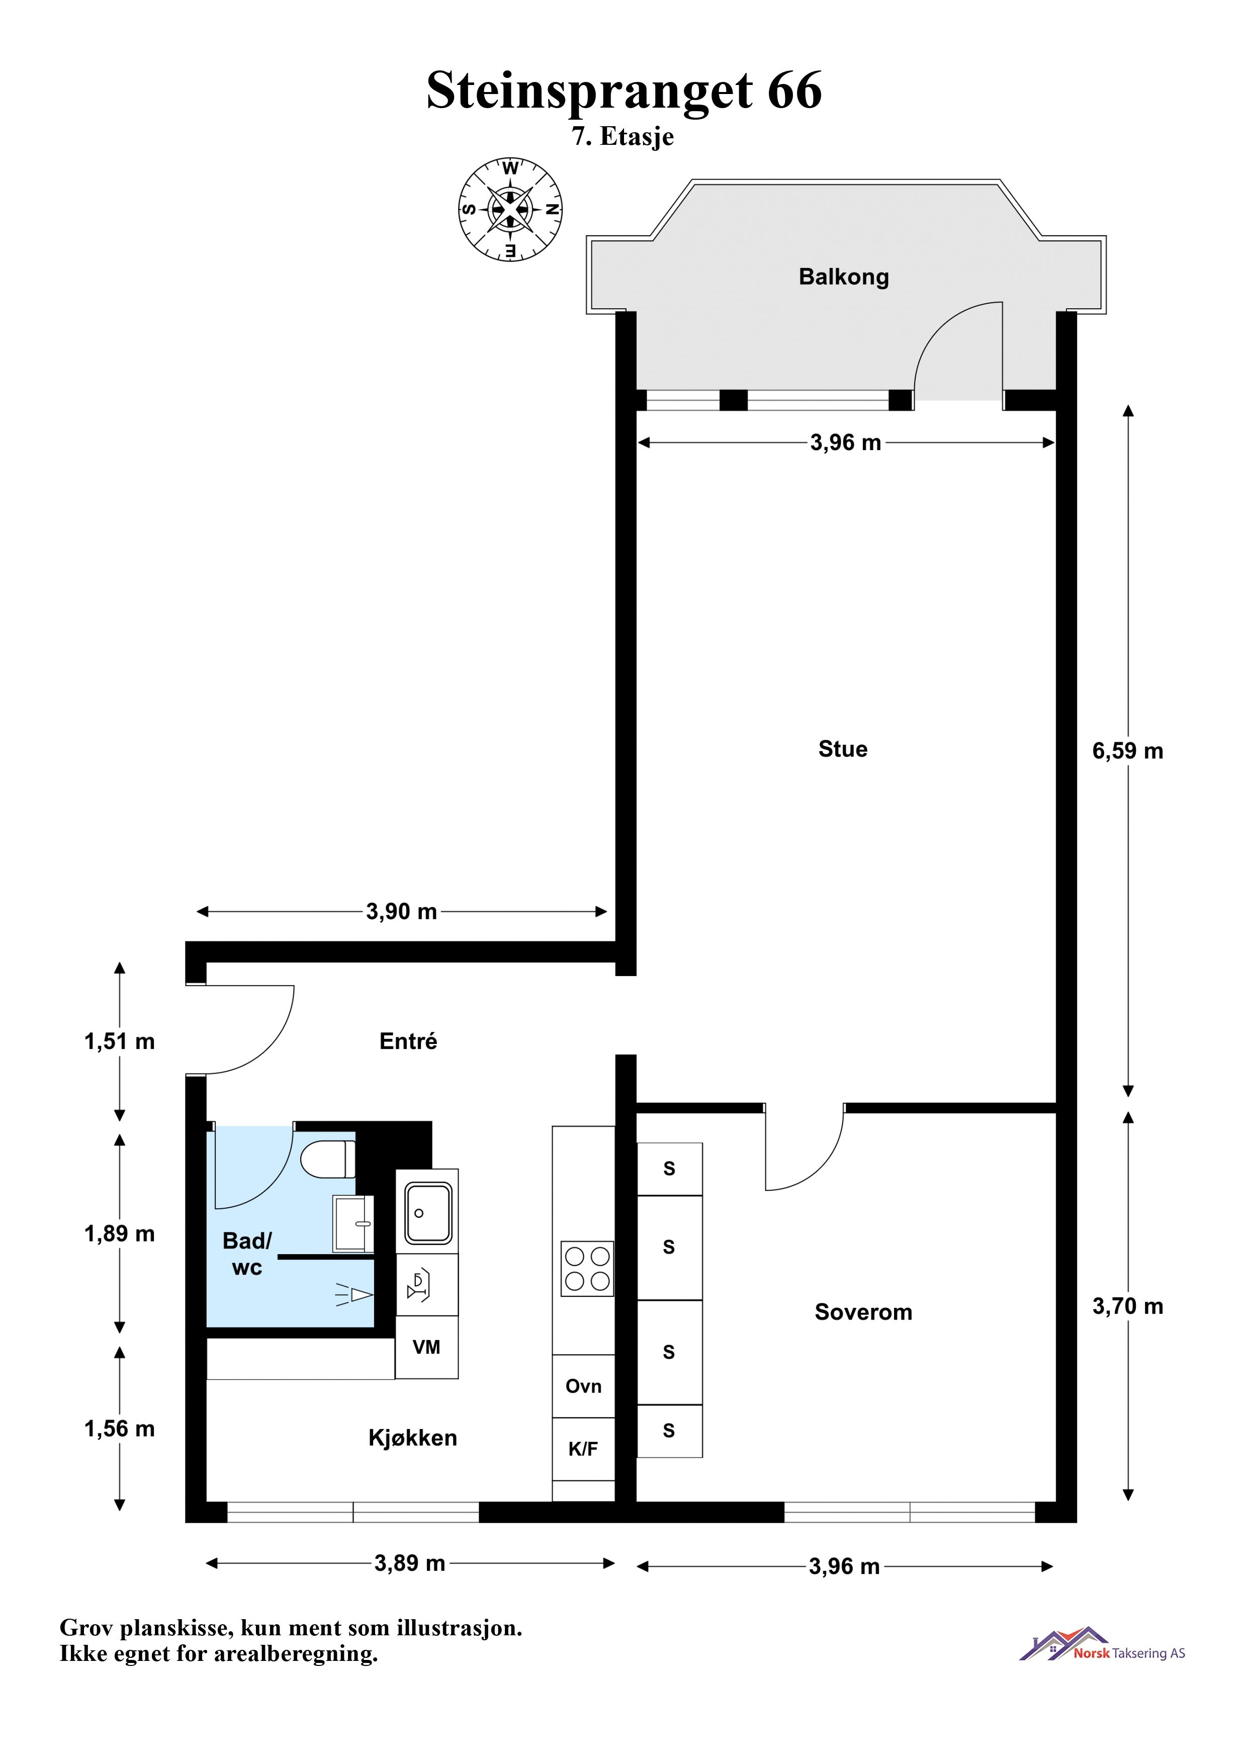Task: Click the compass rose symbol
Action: pyautogui.click(x=510, y=209)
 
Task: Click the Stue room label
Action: pyautogui.click(x=843, y=749)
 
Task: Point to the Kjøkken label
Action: pyautogui.click(x=413, y=1438)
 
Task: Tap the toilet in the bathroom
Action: pyautogui.click(x=328, y=1160)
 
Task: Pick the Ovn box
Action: pyautogui.click(x=583, y=1386)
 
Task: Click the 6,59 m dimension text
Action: pyautogui.click(x=1128, y=751)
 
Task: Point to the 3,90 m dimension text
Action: pyautogui.click(x=401, y=912)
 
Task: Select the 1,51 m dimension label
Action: pyautogui.click(x=119, y=1042)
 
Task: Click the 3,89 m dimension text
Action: pyautogui.click(x=409, y=1563)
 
